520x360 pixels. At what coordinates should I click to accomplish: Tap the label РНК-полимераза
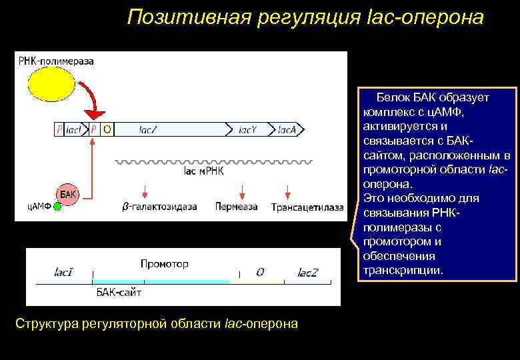coord(55,61)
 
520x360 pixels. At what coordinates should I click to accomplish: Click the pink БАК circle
coord(68,195)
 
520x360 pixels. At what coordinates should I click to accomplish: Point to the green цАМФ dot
coord(57,207)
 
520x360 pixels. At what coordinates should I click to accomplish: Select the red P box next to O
coord(94,129)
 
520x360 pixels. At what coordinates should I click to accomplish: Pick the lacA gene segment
coord(289,129)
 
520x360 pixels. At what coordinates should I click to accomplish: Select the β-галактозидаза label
coord(159,207)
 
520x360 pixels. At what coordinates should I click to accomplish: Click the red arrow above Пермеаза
coord(236,190)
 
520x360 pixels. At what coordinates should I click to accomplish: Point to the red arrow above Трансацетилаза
coord(287,190)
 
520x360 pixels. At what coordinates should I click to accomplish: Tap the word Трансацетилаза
coord(307,207)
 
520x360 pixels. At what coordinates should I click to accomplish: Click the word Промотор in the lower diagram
coord(164,264)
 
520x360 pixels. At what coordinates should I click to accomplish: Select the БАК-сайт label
coord(119,292)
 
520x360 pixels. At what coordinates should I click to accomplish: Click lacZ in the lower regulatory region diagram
coord(308,273)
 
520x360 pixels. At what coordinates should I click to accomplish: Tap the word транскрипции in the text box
coord(402,271)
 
